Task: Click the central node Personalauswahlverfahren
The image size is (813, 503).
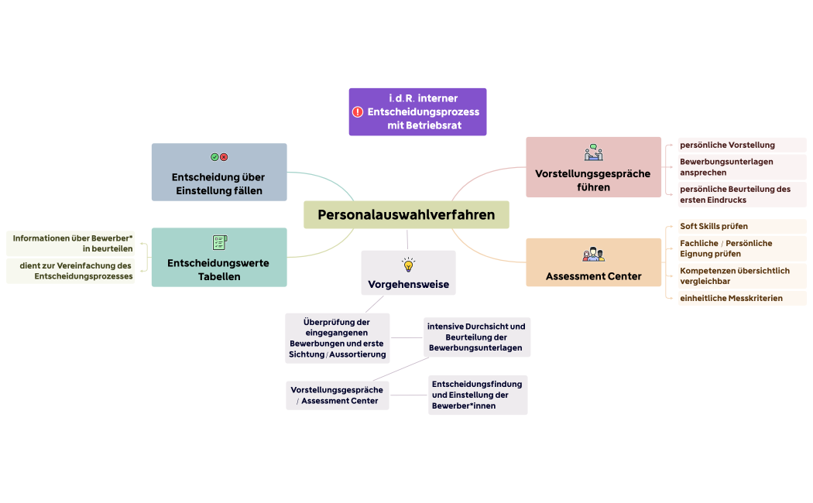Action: point(406,215)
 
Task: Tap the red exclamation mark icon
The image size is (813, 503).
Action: point(358,112)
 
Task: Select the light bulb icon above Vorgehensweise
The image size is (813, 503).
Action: point(408,265)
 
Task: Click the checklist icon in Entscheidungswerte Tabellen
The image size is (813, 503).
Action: point(219,242)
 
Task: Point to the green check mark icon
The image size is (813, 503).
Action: point(214,157)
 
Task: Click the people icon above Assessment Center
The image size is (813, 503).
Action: point(593,254)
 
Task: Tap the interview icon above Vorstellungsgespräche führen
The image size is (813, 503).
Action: point(593,152)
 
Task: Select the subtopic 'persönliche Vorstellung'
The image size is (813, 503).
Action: point(727,145)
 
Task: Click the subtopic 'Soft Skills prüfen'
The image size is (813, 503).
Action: point(714,227)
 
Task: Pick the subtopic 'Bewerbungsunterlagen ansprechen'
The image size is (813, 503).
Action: point(726,167)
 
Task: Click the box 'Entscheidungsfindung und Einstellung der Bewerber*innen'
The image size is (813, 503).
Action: point(477,395)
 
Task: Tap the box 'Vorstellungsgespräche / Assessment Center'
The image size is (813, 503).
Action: point(337,395)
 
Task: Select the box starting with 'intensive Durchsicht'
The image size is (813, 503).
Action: point(476,337)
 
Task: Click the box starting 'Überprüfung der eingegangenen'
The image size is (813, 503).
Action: point(337,338)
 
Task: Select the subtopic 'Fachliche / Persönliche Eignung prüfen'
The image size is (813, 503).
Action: point(726,248)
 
